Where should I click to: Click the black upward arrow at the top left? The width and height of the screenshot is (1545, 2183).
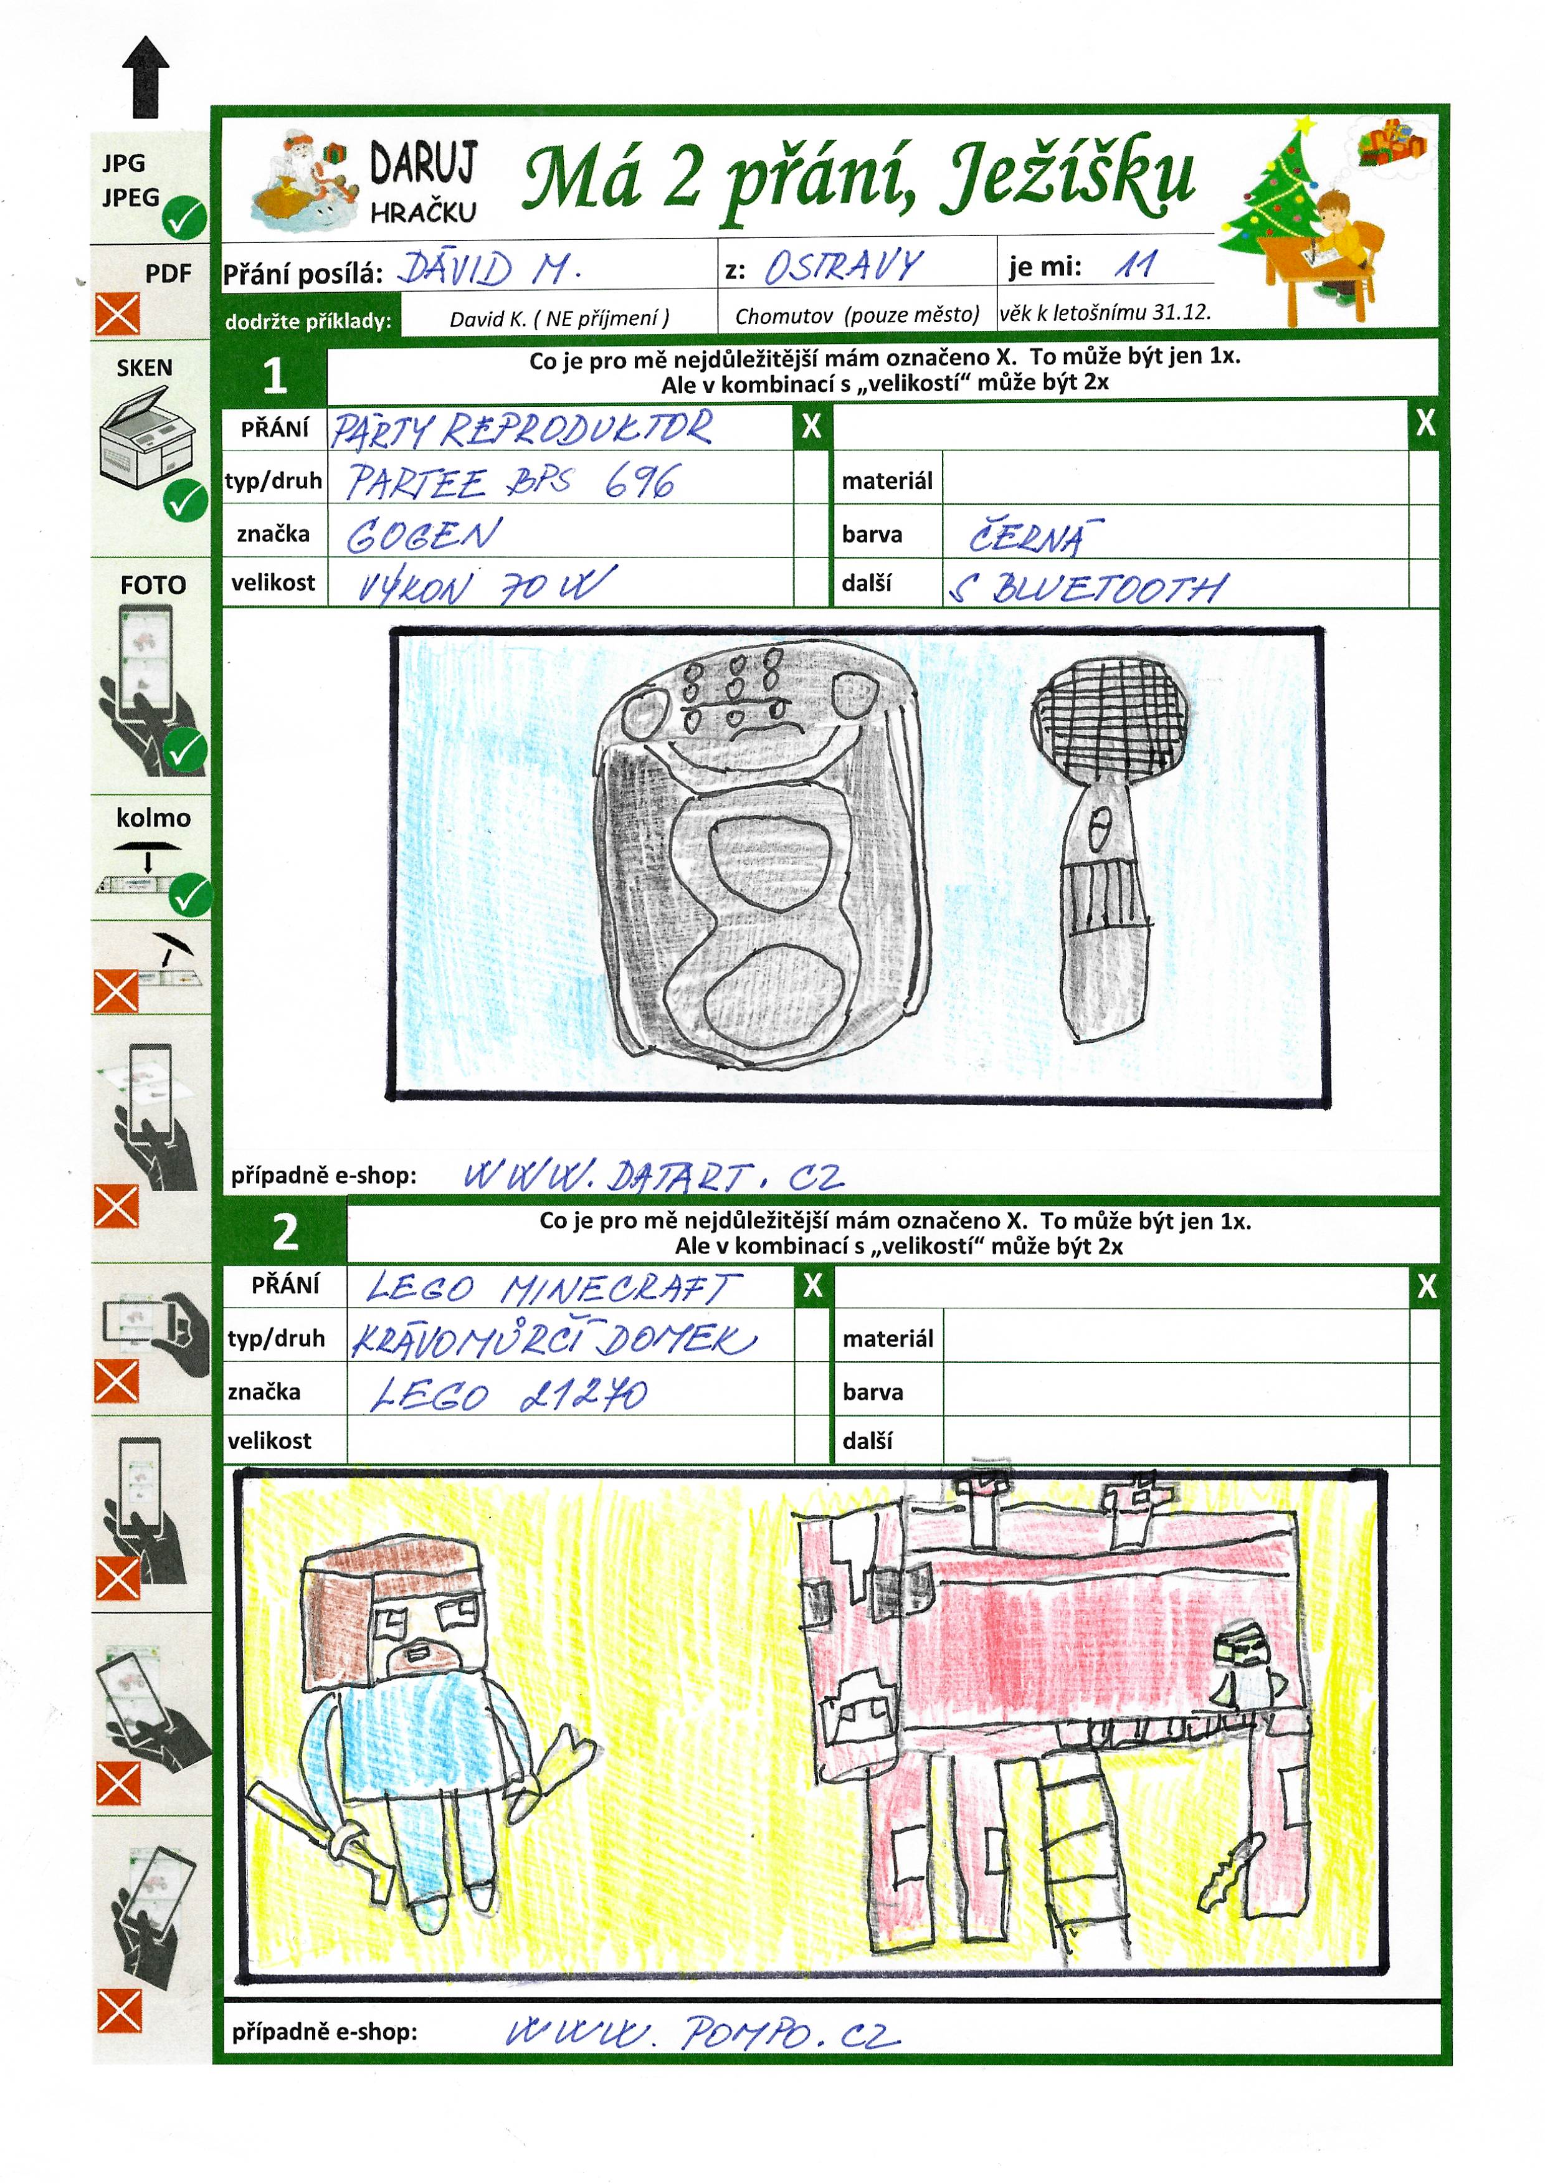(146, 77)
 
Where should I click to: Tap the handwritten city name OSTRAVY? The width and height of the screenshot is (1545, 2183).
(843, 267)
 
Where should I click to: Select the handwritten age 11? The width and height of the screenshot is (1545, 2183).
(1135, 264)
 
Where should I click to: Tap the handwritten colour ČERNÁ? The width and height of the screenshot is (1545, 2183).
(1035, 536)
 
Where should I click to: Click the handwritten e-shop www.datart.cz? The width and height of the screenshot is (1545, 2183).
(653, 1176)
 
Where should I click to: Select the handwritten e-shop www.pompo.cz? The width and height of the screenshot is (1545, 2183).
(701, 2033)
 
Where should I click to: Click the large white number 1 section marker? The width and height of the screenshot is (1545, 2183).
(275, 375)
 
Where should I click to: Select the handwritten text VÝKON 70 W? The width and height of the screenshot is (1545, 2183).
(486, 586)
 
